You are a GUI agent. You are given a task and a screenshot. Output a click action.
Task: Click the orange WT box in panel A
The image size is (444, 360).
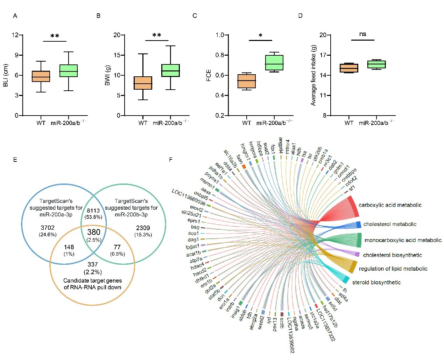pos(41,76)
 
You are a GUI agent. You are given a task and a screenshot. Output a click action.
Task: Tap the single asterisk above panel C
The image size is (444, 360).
pos(260,36)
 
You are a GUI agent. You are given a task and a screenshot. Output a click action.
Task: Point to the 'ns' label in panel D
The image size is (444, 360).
pos(362,34)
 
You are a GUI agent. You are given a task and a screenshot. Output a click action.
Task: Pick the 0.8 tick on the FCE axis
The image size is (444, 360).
pos(220,55)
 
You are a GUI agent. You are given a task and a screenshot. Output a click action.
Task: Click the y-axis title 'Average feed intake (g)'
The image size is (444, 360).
pos(313,75)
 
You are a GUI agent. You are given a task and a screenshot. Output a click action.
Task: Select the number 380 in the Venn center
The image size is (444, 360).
pos(94,232)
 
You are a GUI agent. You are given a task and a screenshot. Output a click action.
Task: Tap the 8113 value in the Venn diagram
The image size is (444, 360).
pos(93,211)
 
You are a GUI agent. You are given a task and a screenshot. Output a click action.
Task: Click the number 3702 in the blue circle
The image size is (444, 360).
pos(48,228)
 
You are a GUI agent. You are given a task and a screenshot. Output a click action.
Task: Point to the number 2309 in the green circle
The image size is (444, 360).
pos(143,228)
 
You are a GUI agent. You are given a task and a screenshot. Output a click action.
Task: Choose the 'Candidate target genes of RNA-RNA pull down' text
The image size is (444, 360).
pos(92,284)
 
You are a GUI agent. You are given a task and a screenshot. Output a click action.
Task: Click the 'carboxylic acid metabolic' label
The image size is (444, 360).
pos(390,205)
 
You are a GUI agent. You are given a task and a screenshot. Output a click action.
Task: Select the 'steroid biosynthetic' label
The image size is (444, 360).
pos(376,283)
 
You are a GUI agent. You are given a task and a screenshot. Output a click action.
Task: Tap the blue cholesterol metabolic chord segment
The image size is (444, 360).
pos(358,225)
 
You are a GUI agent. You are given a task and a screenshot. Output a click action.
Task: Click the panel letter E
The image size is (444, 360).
pos(15,160)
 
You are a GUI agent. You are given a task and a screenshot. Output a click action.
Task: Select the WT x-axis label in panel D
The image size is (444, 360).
pos(349,123)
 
